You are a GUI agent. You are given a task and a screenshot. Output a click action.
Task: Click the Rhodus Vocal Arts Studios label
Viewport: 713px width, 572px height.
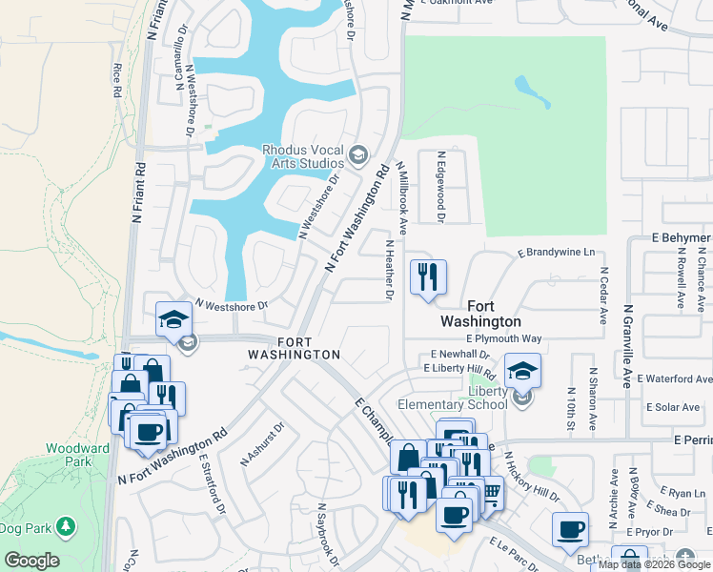tap(302, 155)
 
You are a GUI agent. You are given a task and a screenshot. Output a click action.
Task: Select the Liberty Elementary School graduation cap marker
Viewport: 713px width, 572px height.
tap(521, 371)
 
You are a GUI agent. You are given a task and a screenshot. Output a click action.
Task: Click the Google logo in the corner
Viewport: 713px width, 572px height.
tap(31, 561)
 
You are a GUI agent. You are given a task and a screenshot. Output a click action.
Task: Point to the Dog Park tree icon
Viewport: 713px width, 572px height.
tap(66, 526)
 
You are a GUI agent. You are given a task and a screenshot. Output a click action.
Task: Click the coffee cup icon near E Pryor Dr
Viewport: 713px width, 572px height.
tap(571, 528)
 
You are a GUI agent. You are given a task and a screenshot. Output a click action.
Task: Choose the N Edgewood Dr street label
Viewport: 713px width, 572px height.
tap(440, 187)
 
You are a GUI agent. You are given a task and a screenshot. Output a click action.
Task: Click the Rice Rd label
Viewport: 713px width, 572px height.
tap(117, 80)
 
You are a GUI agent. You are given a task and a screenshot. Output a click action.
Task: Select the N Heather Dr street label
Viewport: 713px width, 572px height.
tap(389, 270)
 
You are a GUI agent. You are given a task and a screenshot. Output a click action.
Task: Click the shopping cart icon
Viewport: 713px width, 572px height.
tap(492, 493)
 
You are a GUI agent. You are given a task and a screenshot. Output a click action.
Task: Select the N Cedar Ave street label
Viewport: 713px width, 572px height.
tap(603, 295)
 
